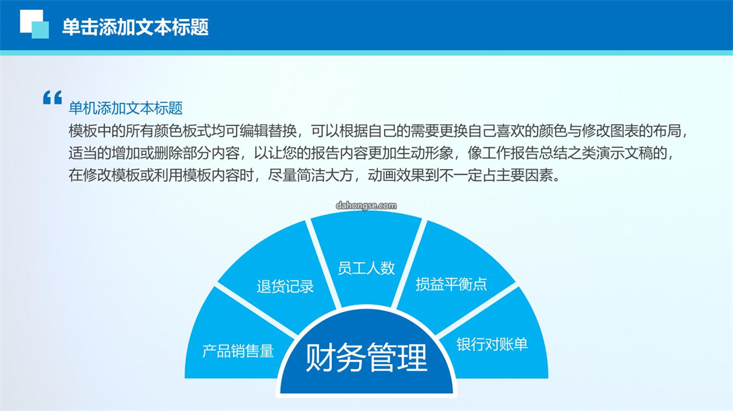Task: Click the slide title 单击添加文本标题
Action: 135,27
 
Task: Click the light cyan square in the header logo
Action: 41,31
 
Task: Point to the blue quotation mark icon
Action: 52,98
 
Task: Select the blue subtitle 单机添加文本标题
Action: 126,109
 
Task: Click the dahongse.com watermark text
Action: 366,206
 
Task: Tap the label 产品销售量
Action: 238,351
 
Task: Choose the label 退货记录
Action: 285,286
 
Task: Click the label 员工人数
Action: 366,268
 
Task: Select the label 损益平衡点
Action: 451,284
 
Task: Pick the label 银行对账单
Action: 492,345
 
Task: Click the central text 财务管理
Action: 366,357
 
